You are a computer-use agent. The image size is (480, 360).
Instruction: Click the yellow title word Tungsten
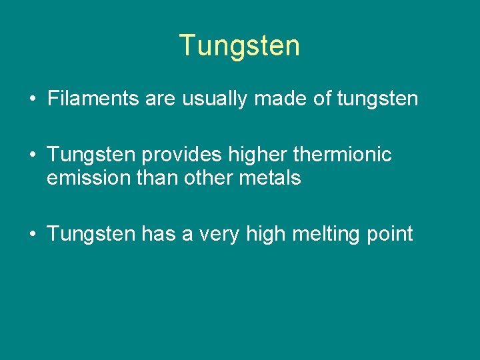click(240, 45)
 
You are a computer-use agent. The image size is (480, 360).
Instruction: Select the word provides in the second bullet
click(182, 155)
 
